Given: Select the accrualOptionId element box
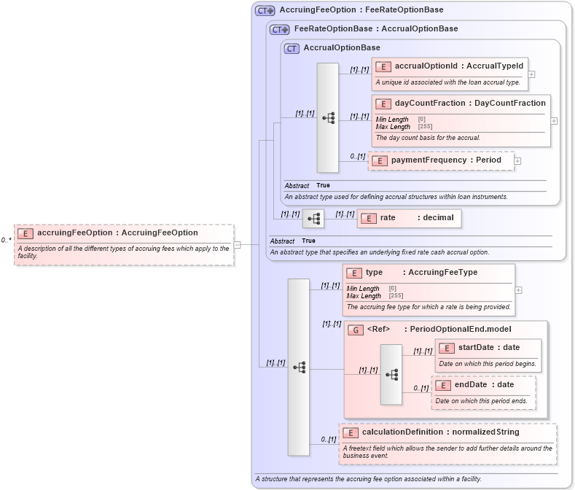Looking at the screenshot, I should pyautogui.click(x=449, y=74).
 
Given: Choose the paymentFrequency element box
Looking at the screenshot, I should pyautogui.click(x=442, y=160).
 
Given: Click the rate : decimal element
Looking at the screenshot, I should pyautogui.click(x=409, y=217).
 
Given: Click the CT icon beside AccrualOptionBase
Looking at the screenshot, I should pyautogui.click(x=292, y=48).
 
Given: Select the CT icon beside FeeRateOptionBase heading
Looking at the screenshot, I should pyautogui.click(x=279, y=29).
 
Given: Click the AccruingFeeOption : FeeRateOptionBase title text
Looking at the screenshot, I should pyautogui.click(x=361, y=10).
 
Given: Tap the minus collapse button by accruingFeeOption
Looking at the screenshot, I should pyautogui.click(x=238, y=245).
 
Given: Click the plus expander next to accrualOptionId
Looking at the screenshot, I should pyautogui.click(x=532, y=74).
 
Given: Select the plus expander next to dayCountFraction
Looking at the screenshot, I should pyautogui.click(x=555, y=121).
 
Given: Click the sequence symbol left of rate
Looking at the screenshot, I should pyautogui.click(x=313, y=218).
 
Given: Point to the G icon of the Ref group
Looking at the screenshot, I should pyautogui.click(x=355, y=330).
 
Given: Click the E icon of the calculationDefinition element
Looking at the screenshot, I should pyautogui.click(x=351, y=433).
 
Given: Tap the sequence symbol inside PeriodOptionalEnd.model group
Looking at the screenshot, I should pyautogui.click(x=391, y=374).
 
